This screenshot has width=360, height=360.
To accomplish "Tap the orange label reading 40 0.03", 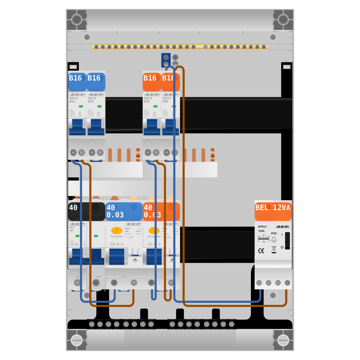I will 161,211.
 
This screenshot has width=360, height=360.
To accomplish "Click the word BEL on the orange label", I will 262,208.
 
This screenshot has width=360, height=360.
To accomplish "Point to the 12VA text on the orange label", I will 282,208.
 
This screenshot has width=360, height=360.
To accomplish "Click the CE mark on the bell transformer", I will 261,251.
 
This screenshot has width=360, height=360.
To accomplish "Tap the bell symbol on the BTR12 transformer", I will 274,239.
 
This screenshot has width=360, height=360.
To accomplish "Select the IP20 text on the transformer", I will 274,233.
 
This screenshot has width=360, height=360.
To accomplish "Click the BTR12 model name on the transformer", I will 262,227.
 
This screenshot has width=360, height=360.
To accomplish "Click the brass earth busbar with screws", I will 180,47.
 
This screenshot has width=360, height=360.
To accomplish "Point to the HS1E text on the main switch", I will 72,228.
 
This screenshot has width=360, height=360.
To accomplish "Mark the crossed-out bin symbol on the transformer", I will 274,248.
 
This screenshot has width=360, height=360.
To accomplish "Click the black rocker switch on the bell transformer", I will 287,240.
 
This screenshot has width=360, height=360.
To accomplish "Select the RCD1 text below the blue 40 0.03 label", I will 127,228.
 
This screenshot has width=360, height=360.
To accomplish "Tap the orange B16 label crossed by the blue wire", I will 171,82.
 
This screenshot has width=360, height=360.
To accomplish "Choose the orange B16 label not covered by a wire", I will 152,82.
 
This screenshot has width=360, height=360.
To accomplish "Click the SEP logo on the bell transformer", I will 283,226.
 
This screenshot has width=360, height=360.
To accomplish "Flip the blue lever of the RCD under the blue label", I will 117,256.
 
